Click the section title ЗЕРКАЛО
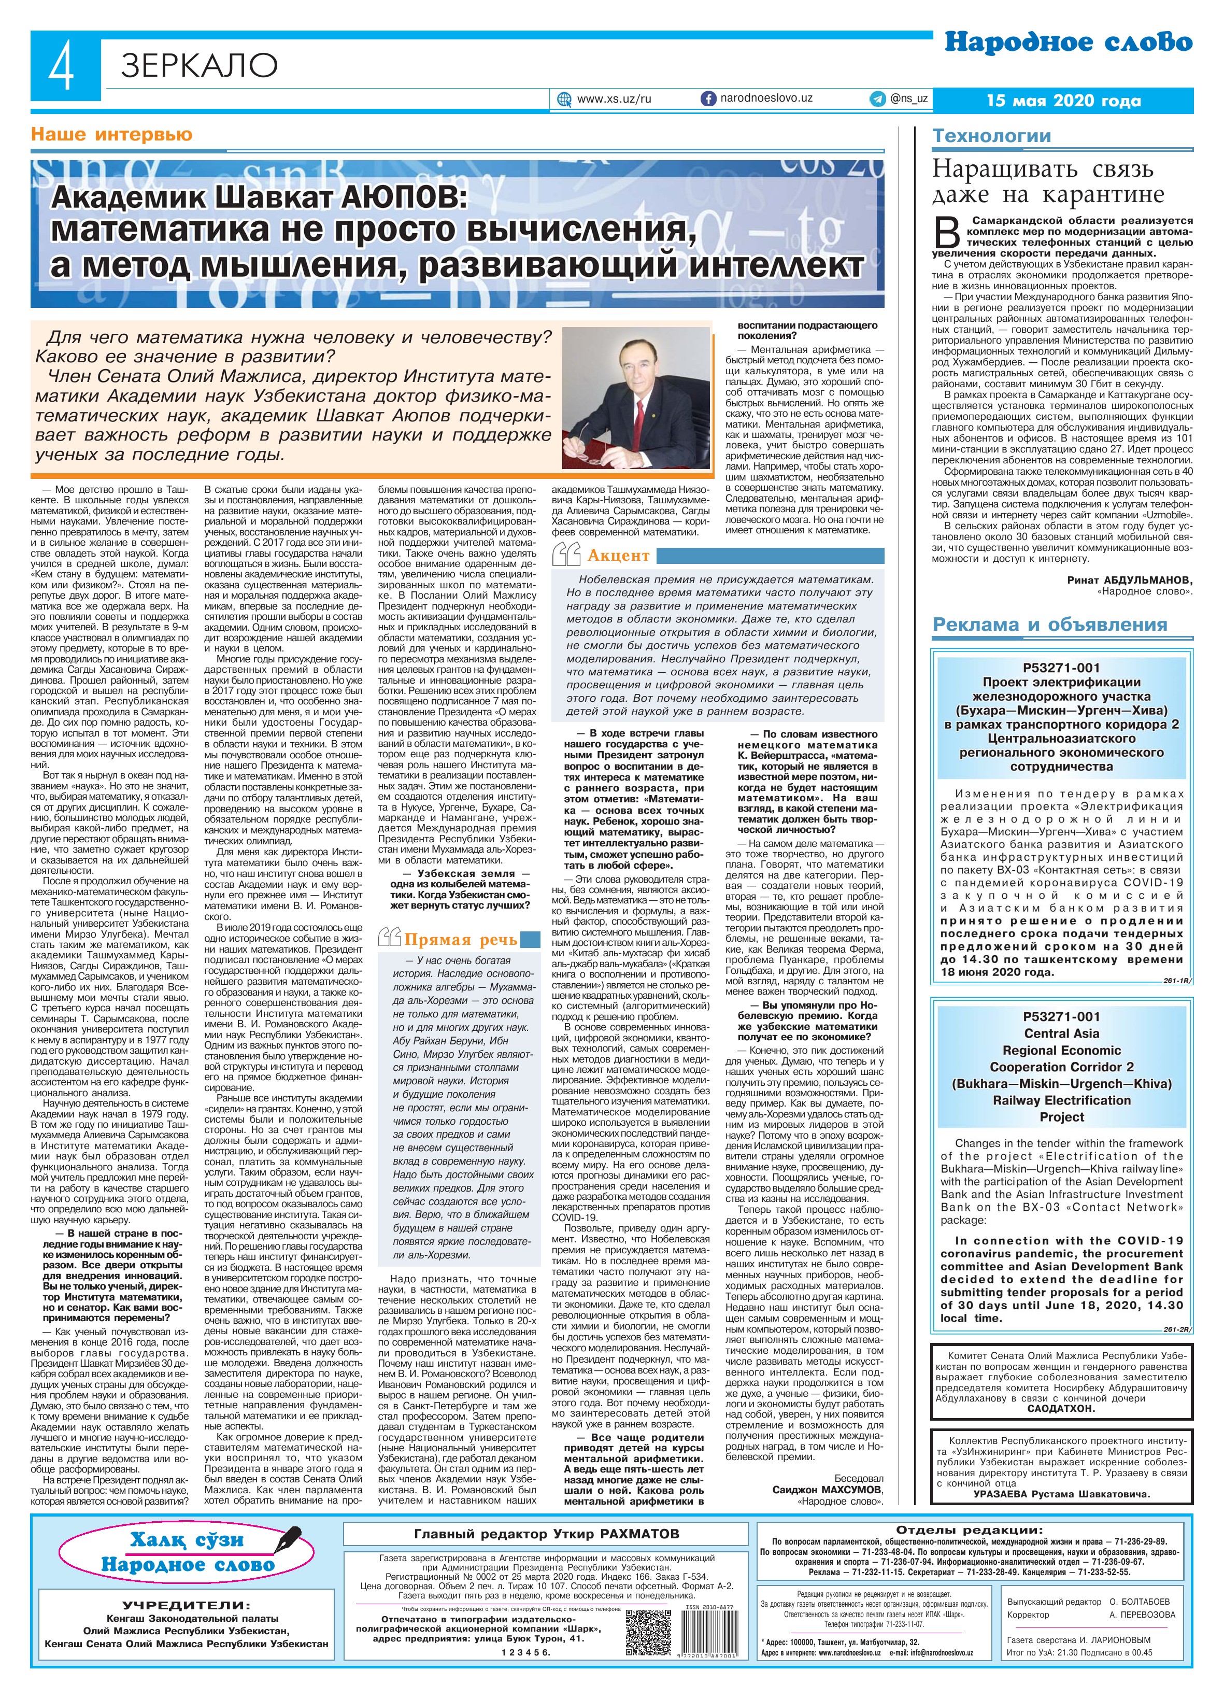pos(198,66)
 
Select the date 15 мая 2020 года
pos(1064,101)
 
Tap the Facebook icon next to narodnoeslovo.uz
pos(707,98)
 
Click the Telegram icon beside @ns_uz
pos(876,98)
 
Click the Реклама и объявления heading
pos(1049,625)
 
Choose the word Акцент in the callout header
pos(618,555)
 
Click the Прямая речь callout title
pos(461,939)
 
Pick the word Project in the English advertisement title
pos(1061,1117)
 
